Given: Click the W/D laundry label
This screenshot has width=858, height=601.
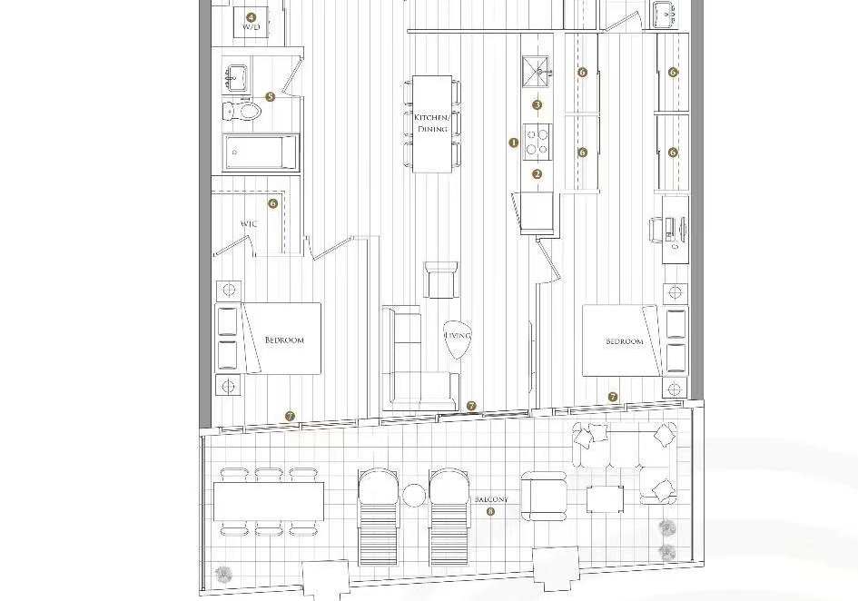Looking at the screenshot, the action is [x=251, y=27].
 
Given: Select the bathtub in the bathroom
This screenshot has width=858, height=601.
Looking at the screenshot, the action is [x=261, y=153].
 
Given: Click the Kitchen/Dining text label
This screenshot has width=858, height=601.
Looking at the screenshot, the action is [x=432, y=123].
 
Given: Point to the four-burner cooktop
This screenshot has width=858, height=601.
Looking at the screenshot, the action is [x=537, y=142].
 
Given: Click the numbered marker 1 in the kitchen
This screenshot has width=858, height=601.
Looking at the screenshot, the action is [x=513, y=143].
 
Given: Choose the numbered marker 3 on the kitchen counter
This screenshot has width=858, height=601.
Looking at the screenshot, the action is [x=537, y=104].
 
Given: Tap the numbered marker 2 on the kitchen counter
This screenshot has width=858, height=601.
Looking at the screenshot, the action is [x=537, y=174].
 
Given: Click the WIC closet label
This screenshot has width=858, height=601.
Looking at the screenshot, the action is [x=249, y=224].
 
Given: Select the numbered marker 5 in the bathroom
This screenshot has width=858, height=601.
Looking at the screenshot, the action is [x=270, y=97].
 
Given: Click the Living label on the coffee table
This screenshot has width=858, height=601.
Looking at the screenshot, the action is [x=458, y=336].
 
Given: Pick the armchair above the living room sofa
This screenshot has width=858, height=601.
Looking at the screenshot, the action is [x=441, y=280].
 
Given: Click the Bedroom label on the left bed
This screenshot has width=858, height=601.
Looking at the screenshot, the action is [x=284, y=340].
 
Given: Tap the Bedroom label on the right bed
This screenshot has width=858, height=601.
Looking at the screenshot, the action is [x=625, y=341].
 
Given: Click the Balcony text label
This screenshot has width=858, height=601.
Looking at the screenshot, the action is [x=491, y=499].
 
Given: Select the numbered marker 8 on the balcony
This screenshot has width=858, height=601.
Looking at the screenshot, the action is [x=490, y=512].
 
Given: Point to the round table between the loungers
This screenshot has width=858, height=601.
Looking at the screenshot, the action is [x=414, y=496].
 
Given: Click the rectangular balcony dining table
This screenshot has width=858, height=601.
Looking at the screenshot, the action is [x=268, y=501].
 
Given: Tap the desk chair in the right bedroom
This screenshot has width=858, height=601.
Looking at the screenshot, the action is [x=656, y=229].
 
